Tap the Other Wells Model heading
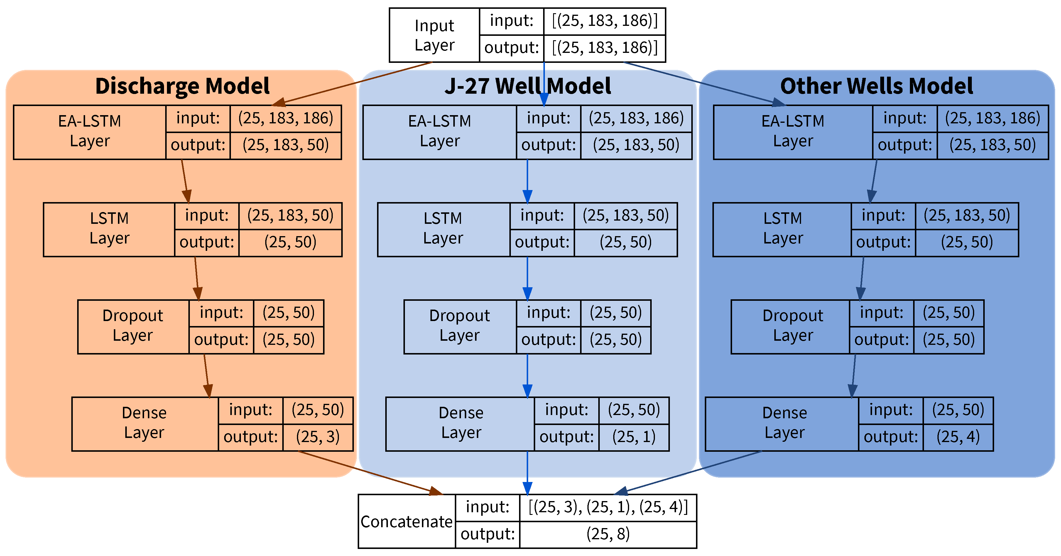click(876, 86)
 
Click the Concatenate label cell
click(406, 521)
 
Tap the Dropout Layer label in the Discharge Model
click(133, 326)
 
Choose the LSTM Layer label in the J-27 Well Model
click(443, 228)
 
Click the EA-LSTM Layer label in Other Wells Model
click(793, 131)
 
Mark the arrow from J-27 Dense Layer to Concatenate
click(527, 472)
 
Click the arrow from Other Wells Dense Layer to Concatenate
click(688, 472)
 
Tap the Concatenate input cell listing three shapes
click(608, 507)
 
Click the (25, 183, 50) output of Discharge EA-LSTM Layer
click(285, 145)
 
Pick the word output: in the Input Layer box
click(511, 48)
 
